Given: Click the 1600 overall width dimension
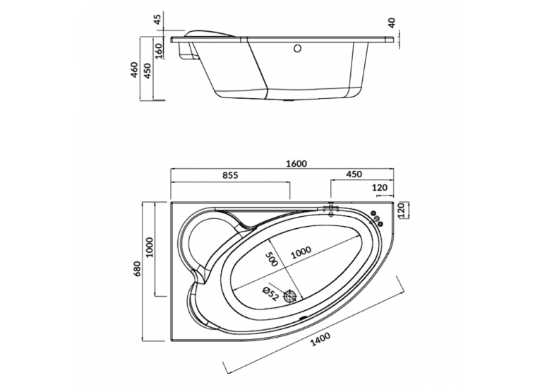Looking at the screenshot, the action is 296,164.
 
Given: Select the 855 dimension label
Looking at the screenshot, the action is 229,175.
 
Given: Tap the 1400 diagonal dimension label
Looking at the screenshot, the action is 320,340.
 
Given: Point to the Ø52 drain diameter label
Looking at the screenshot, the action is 270,294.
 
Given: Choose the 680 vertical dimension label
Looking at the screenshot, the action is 138,268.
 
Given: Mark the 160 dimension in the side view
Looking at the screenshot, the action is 159,51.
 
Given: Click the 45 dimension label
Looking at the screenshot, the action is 157,20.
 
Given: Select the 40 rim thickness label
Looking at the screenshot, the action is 392,23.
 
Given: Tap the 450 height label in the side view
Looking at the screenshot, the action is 148,71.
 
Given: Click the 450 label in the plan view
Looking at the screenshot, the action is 354,174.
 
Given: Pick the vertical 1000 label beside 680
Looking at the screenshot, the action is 150,247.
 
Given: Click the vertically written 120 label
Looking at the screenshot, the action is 401,211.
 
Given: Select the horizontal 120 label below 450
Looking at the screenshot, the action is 380,188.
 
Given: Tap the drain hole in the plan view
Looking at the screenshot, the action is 290,296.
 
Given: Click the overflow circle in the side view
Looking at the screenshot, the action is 298,48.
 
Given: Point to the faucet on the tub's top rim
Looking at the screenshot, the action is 331,209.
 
